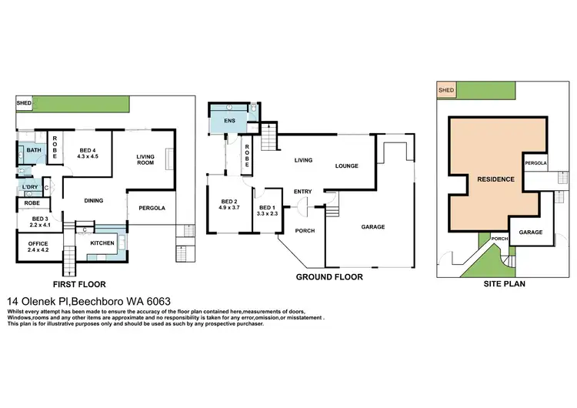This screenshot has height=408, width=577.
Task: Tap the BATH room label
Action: (x=34, y=150)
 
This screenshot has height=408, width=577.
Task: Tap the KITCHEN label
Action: (x=102, y=243)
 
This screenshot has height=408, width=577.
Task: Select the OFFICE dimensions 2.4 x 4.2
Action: (x=38, y=249)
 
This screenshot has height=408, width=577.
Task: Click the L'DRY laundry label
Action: (x=31, y=188)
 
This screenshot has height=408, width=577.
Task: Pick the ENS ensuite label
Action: (x=228, y=120)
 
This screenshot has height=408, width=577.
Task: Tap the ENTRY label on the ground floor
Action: (x=302, y=192)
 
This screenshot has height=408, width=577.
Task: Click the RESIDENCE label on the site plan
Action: (x=495, y=179)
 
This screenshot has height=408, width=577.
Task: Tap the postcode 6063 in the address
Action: (x=157, y=300)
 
